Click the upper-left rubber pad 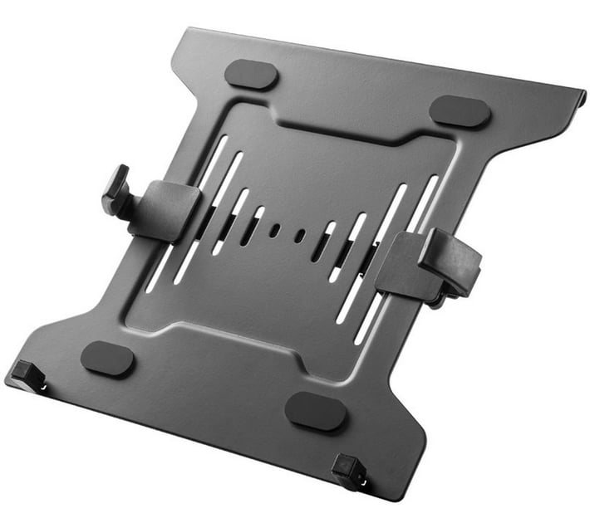click(x=251, y=73)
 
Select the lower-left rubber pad click(x=107, y=359)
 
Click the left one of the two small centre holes click(x=273, y=230)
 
